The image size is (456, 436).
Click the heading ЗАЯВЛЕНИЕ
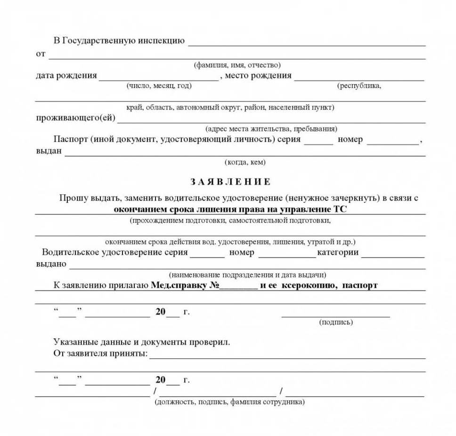(x=230, y=181)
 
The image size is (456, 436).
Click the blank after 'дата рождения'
(x=159, y=77)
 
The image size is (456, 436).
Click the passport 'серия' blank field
(x=318, y=140)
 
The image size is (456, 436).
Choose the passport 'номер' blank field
(x=392, y=140)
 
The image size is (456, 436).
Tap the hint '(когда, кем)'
(x=245, y=162)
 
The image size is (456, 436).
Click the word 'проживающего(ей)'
(x=75, y=118)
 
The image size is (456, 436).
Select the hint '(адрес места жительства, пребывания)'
(x=271, y=129)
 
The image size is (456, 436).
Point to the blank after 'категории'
(x=393, y=254)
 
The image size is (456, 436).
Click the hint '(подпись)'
(x=335, y=322)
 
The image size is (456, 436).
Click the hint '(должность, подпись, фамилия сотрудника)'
(x=229, y=402)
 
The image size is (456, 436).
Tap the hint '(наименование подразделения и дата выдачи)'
(x=247, y=275)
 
